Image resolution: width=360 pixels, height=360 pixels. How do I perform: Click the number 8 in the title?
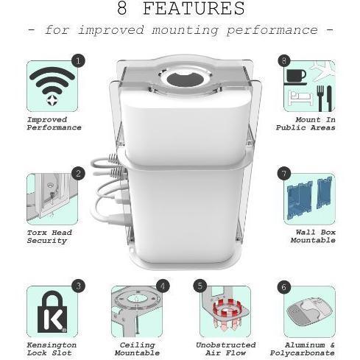click(122, 8)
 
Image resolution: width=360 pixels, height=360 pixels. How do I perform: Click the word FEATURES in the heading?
click(194, 8)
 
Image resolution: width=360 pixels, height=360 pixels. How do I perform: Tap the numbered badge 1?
click(78, 60)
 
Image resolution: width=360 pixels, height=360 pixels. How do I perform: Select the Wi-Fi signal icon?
click(52, 86)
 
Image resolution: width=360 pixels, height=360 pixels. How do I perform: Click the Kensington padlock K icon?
click(52, 312)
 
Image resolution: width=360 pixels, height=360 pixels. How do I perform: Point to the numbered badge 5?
click(200, 286)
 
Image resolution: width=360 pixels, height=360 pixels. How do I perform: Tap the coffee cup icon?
click(296, 77)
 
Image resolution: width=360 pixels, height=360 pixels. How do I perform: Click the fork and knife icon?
click(324, 98)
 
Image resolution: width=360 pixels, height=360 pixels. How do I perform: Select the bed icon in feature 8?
click(301, 98)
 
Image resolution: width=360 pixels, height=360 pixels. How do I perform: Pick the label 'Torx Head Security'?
click(49, 236)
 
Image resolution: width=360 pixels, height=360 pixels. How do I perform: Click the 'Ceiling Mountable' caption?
click(137, 349)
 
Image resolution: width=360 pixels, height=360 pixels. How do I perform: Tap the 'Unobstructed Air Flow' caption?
click(226, 349)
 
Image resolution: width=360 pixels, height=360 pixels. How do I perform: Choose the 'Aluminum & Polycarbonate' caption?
click(303, 349)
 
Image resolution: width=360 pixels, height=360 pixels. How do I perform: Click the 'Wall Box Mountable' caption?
click(313, 236)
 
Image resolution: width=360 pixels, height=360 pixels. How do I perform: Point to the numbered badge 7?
click(284, 174)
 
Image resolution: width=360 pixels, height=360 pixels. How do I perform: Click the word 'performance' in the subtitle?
click(272, 30)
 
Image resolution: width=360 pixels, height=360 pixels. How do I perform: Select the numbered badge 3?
click(78, 286)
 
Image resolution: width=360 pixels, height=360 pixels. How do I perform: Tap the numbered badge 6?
click(284, 287)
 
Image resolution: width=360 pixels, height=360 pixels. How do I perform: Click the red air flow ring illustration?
click(226, 308)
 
